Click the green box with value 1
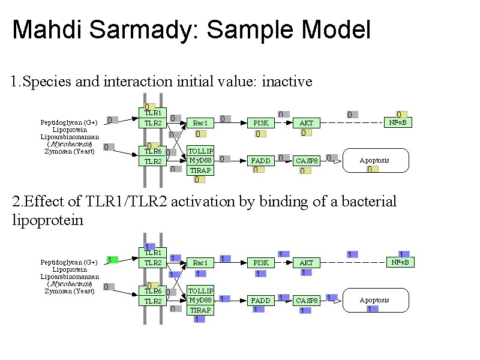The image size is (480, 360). point(112,259)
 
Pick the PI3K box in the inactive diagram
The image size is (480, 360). point(261,123)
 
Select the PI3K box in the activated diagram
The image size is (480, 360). point(261,263)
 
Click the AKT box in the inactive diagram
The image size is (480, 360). point(307,123)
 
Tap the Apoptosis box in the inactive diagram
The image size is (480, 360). point(374,160)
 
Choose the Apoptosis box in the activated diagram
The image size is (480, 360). point(374,300)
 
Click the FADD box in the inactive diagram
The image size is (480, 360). point(261,161)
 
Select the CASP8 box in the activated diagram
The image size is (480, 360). point(307,301)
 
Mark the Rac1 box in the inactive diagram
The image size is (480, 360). point(200,123)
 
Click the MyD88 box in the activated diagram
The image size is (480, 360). point(200,300)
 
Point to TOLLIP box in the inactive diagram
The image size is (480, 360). point(200,151)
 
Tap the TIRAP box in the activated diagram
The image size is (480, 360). point(200,310)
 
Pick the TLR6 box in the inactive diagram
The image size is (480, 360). point(152,151)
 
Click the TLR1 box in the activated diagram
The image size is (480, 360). point(152,253)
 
